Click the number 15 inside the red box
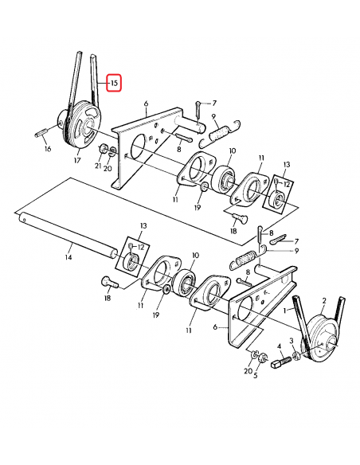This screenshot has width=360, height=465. (113, 83)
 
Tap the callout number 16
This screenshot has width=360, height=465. (47, 148)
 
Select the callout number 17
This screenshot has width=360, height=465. (77, 160)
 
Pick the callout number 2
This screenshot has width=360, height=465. (324, 301)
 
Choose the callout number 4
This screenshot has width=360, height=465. (280, 347)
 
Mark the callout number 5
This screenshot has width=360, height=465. (255, 376)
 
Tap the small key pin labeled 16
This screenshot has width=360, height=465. (41, 133)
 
